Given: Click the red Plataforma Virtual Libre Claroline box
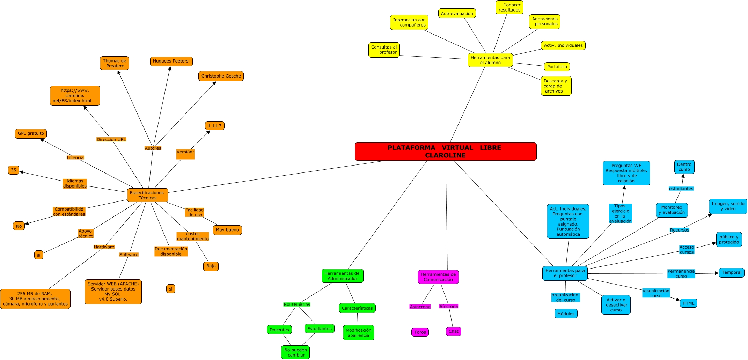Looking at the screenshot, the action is click(x=445, y=152).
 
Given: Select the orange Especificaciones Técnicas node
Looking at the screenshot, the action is click(x=147, y=195).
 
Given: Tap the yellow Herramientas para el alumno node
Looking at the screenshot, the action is click(x=490, y=60).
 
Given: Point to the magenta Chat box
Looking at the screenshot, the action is click(x=453, y=331).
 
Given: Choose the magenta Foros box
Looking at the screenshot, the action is click(x=420, y=332).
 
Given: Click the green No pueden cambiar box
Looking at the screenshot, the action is click(x=295, y=352).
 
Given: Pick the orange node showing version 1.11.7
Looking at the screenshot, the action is click(x=214, y=126).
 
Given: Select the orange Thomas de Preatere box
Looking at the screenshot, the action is click(x=115, y=63).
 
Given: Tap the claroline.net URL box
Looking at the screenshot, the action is click(x=75, y=96).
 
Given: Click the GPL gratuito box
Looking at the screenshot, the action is click(x=31, y=133).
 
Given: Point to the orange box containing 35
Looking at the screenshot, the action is click(x=14, y=170).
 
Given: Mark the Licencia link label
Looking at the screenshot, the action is click(x=75, y=157).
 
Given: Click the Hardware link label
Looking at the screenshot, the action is click(x=104, y=247).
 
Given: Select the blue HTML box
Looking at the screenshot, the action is click(x=688, y=303).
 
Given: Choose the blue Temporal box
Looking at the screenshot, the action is click(x=731, y=272).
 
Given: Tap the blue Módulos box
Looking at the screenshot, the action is click(x=566, y=314).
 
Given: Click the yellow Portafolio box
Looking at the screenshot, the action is click(x=557, y=67).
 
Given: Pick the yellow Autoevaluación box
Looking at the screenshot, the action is click(x=457, y=14).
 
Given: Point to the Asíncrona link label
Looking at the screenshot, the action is click(x=420, y=307).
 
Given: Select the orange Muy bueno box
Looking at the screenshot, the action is click(x=227, y=230).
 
